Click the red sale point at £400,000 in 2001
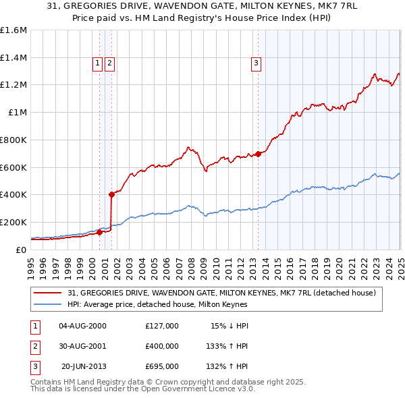[111, 194]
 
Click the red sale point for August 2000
[99, 232]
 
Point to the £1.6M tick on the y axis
[13, 30]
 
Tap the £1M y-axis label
[18, 113]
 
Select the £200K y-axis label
[13, 222]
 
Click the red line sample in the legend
[47, 293]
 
